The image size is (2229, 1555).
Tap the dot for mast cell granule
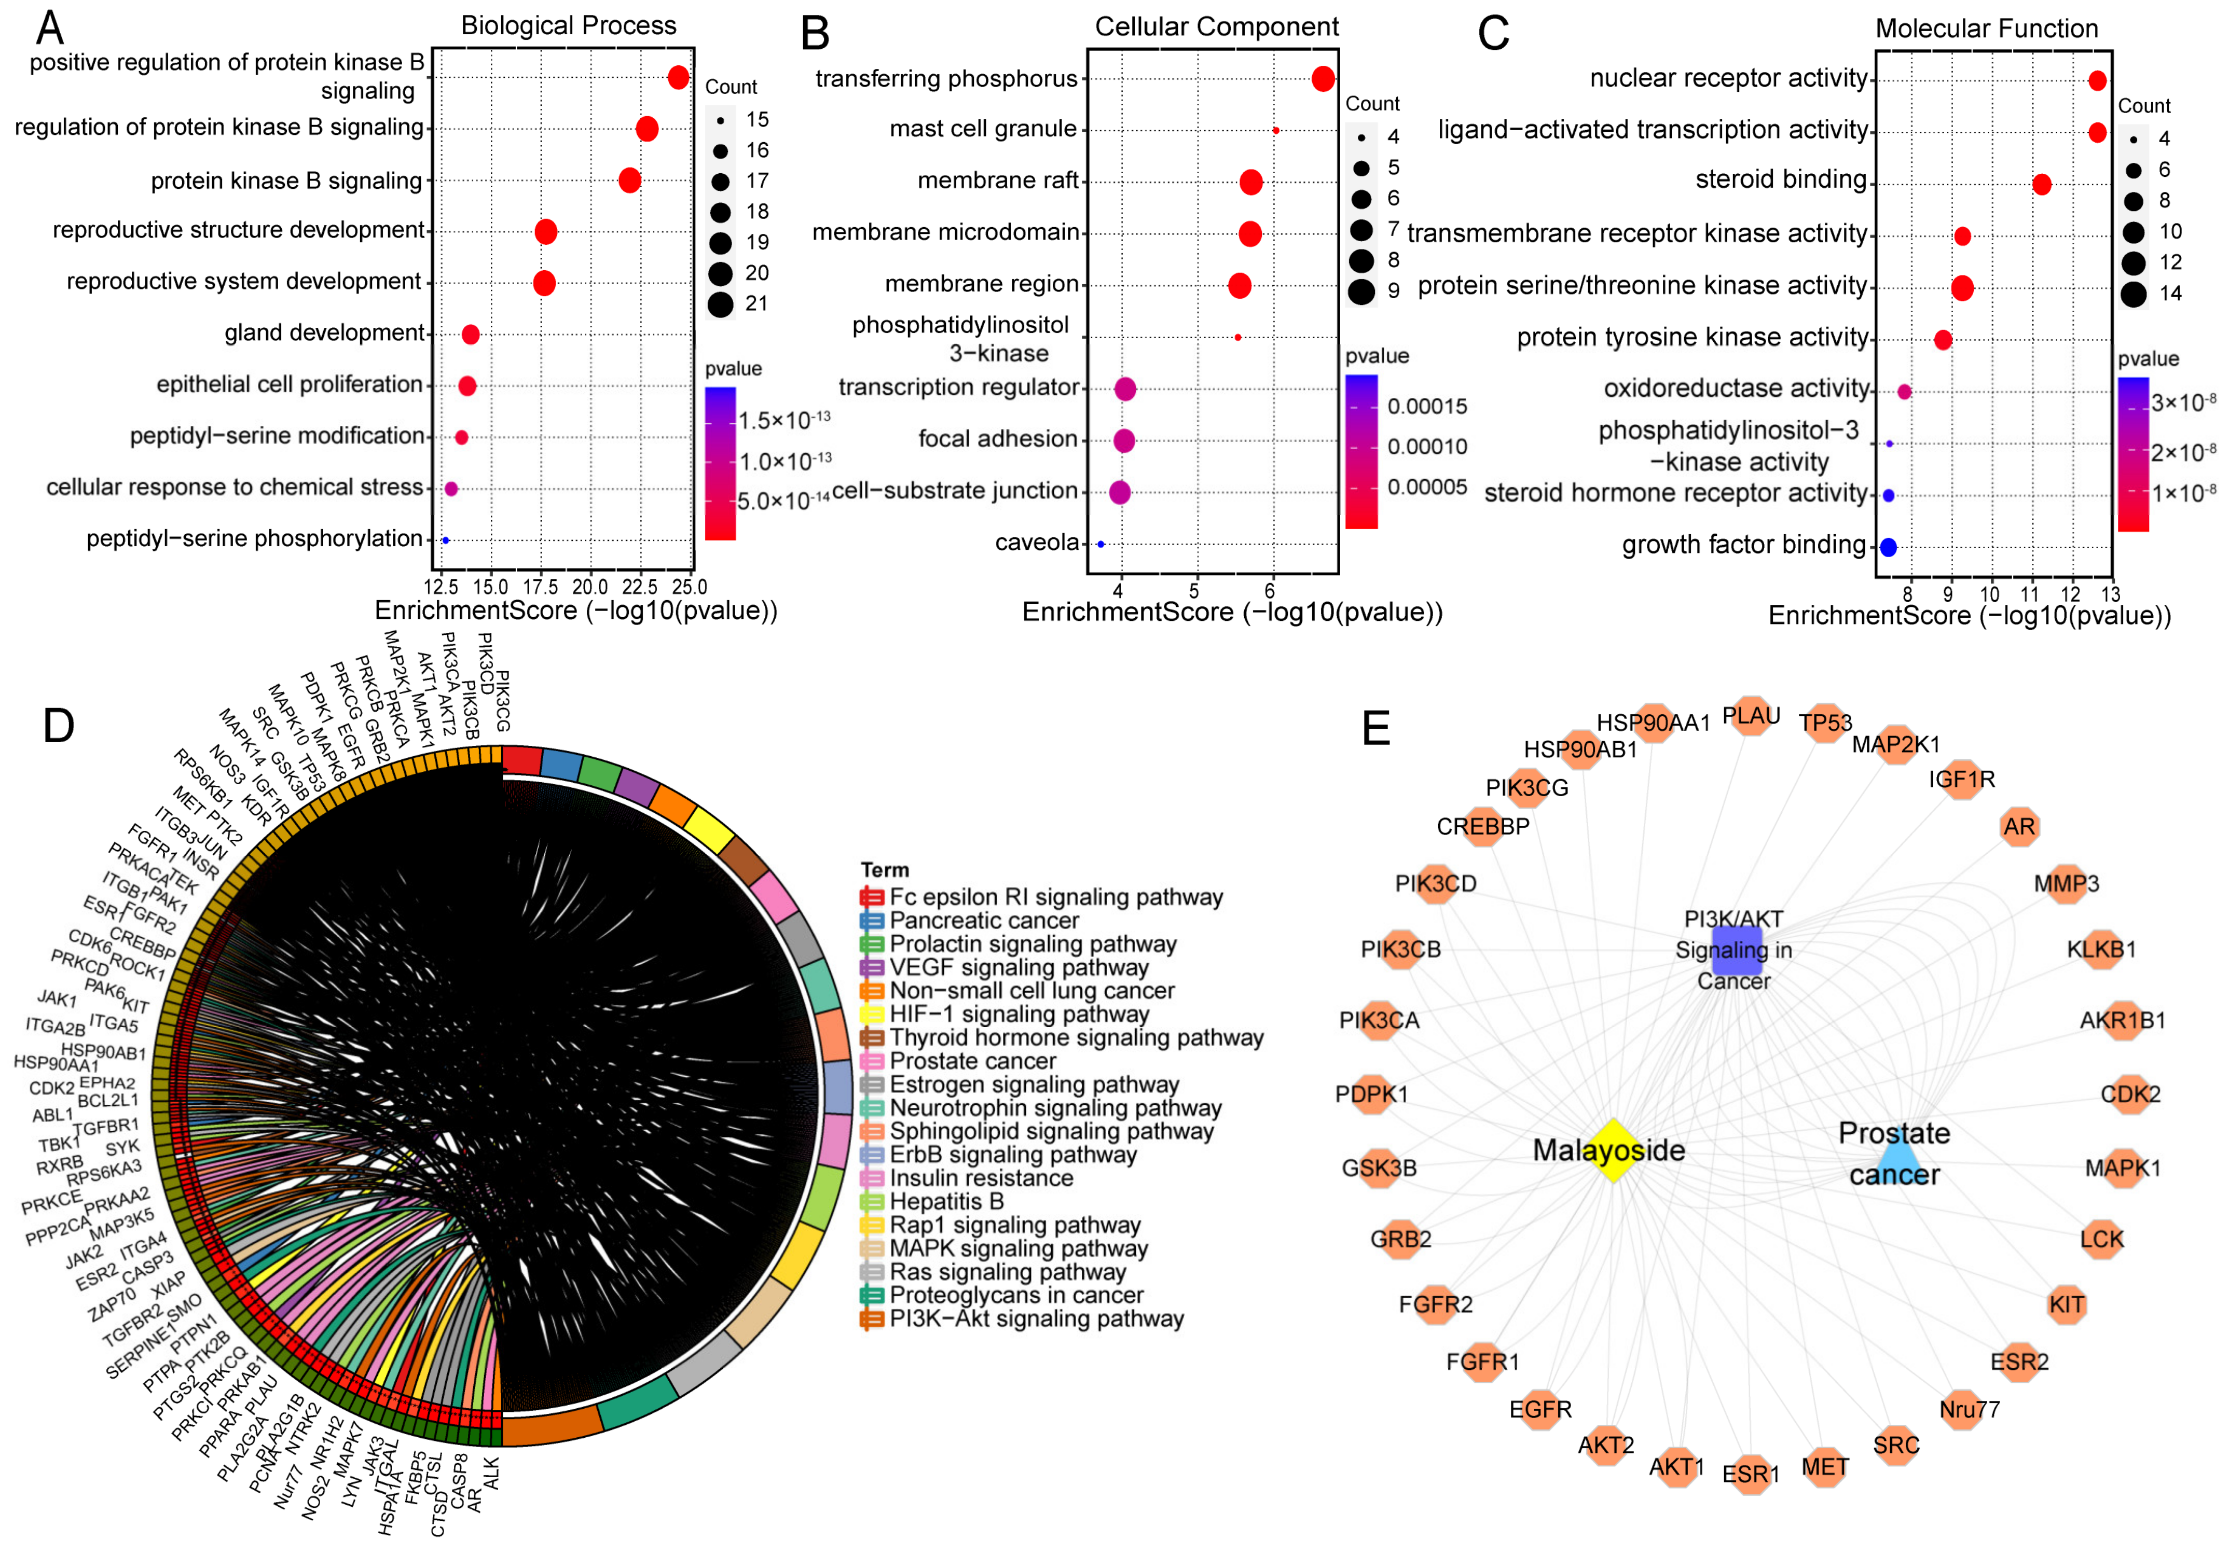tap(1276, 130)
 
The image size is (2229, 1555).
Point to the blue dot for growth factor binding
tap(1888, 547)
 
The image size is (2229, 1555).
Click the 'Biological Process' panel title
tap(568, 25)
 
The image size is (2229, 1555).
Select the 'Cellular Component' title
tap(1216, 26)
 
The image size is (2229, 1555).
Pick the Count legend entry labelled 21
tap(756, 304)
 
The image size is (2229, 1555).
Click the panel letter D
tap(58, 725)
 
